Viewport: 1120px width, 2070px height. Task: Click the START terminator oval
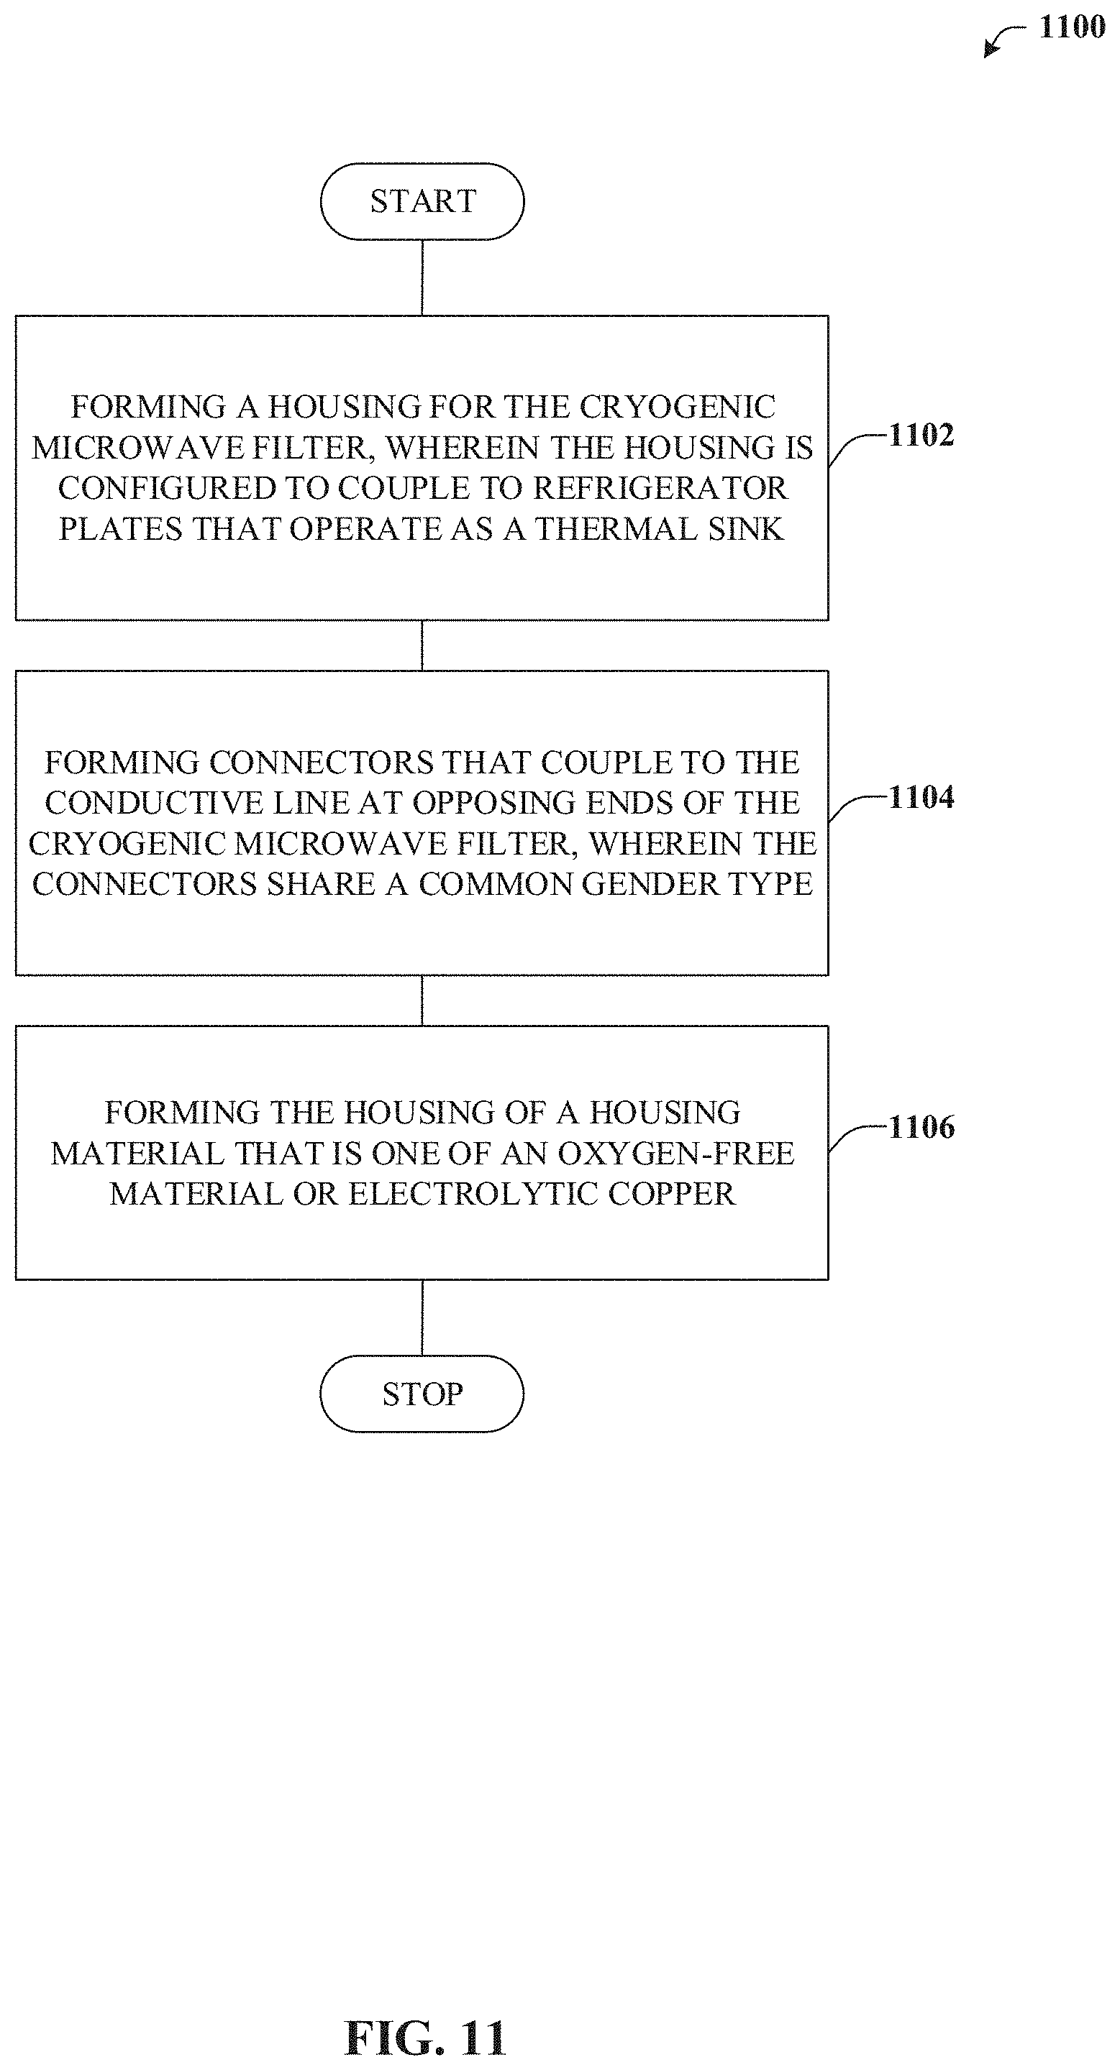(422, 201)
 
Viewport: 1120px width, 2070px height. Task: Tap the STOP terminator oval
(422, 1394)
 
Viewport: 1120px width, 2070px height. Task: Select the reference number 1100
(1072, 27)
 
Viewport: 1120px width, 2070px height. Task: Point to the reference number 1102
(921, 436)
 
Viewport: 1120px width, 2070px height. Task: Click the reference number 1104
(921, 797)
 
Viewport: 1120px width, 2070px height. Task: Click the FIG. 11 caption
(425, 2038)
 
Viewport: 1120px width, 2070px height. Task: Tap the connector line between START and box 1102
(422, 277)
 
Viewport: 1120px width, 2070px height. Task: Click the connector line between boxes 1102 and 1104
(422, 645)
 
